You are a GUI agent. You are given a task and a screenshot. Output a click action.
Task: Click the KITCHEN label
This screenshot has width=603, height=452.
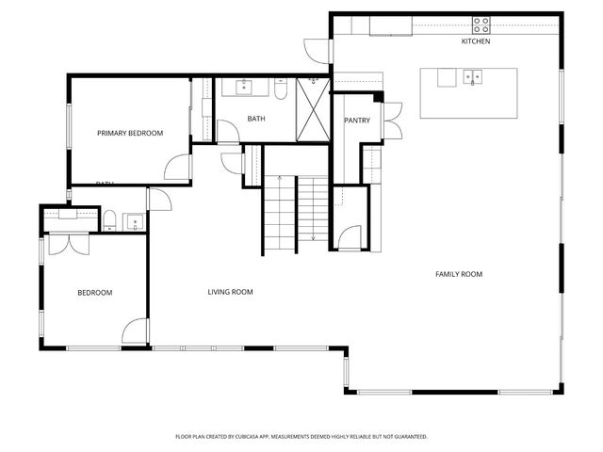click(x=475, y=42)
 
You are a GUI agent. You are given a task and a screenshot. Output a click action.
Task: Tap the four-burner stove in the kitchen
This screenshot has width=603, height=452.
click(x=481, y=24)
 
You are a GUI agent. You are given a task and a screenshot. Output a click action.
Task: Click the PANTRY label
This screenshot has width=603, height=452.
click(x=357, y=120)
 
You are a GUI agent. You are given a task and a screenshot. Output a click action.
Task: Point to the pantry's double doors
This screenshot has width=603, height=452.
click(x=392, y=121)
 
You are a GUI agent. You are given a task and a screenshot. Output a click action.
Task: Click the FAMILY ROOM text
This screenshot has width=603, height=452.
click(x=459, y=274)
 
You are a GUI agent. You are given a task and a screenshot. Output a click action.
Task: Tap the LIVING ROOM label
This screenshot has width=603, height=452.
click(x=230, y=292)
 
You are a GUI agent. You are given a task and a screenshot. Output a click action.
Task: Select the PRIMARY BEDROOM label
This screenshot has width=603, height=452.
click(x=130, y=134)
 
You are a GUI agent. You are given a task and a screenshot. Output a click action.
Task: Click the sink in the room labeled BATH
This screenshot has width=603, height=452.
click(x=247, y=88)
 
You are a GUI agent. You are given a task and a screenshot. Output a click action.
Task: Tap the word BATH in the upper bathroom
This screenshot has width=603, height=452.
click(x=255, y=119)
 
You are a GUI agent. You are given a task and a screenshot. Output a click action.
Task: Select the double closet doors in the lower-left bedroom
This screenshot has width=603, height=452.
click(x=69, y=243)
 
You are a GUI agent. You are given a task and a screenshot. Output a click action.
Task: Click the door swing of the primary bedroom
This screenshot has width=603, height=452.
click(x=176, y=167)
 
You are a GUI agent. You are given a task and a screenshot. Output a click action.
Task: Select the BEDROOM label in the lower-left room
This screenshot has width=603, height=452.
click(x=94, y=293)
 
